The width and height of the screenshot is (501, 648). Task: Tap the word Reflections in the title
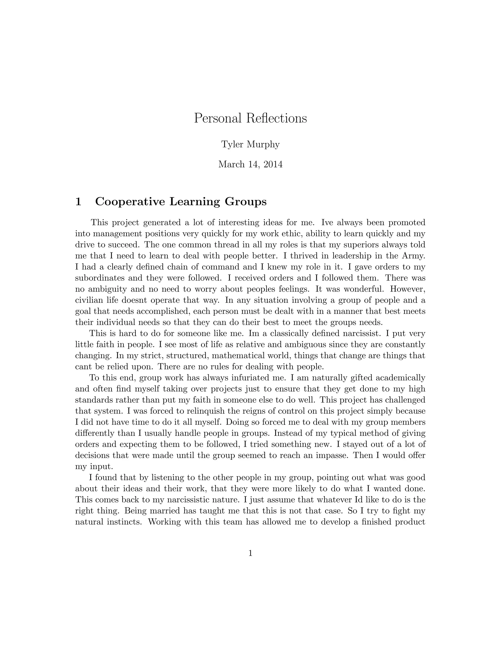pyautogui.click(x=276, y=118)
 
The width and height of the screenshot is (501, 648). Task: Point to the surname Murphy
pyautogui.click(x=263, y=145)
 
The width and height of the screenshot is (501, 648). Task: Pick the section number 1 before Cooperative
pyautogui.click(x=78, y=201)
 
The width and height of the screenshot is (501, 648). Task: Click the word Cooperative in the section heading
pyautogui.click(x=130, y=201)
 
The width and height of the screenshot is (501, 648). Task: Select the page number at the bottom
pyautogui.click(x=250, y=553)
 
